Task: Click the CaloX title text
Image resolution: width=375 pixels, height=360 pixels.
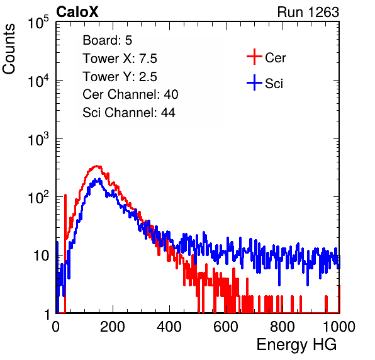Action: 77,12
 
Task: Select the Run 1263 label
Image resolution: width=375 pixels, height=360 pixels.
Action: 308,12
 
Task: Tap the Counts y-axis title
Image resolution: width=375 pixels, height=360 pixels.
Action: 9,49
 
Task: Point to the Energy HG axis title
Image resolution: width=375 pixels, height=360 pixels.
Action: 296,345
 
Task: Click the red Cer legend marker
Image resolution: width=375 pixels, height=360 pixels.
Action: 254,57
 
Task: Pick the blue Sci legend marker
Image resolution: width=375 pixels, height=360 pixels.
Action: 254,83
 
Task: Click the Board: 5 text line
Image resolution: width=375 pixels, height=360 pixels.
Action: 107,40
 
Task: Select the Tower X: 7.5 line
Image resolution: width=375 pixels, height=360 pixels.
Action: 120,59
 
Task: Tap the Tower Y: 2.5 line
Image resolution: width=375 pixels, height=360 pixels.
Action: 120,77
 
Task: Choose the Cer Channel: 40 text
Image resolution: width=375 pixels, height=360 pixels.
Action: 130,94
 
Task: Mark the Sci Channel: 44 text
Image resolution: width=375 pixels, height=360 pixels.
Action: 129,113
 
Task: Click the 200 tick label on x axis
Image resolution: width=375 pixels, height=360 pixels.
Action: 113,327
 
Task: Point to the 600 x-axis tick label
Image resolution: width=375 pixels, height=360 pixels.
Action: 226,327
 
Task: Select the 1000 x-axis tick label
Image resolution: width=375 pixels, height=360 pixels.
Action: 339,327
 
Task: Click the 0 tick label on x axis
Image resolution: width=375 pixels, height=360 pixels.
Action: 56,327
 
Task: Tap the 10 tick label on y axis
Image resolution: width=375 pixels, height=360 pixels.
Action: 42,256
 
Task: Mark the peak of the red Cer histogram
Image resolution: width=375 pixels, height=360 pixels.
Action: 97,166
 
